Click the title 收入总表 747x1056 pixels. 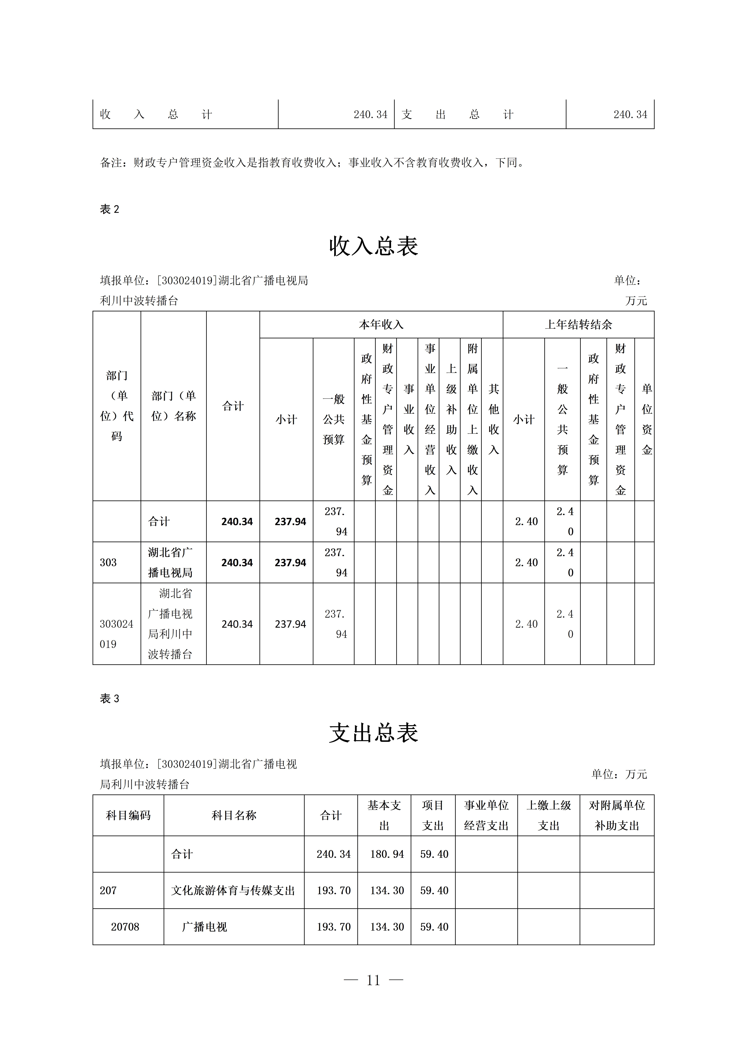(x=373, y=246)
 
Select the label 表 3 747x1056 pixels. (x=109, y=699)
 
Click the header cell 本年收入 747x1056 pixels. (x=381, y=325)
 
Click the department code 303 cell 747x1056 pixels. (x=109, y=563)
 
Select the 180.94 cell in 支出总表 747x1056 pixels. (x=387, y=854)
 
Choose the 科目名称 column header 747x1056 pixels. (x=234, y=815)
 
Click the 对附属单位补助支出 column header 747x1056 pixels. (x=617, y=815)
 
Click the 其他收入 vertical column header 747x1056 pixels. (x=493, y=419)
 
